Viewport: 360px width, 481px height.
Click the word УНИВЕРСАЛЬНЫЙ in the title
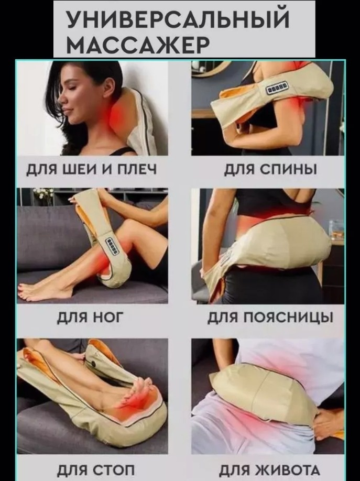[178, 20]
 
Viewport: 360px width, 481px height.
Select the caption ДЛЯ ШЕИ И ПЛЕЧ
[92, 169]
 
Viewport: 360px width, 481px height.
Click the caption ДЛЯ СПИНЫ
[270, 169]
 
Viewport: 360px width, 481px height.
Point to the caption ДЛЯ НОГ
[90, 318]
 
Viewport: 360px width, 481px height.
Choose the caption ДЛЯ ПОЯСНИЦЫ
[270, 318]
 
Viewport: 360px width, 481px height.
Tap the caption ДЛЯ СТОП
[96, 470]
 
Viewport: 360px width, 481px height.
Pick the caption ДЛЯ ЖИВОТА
[269, 470]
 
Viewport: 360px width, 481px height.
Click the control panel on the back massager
[277, 90]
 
